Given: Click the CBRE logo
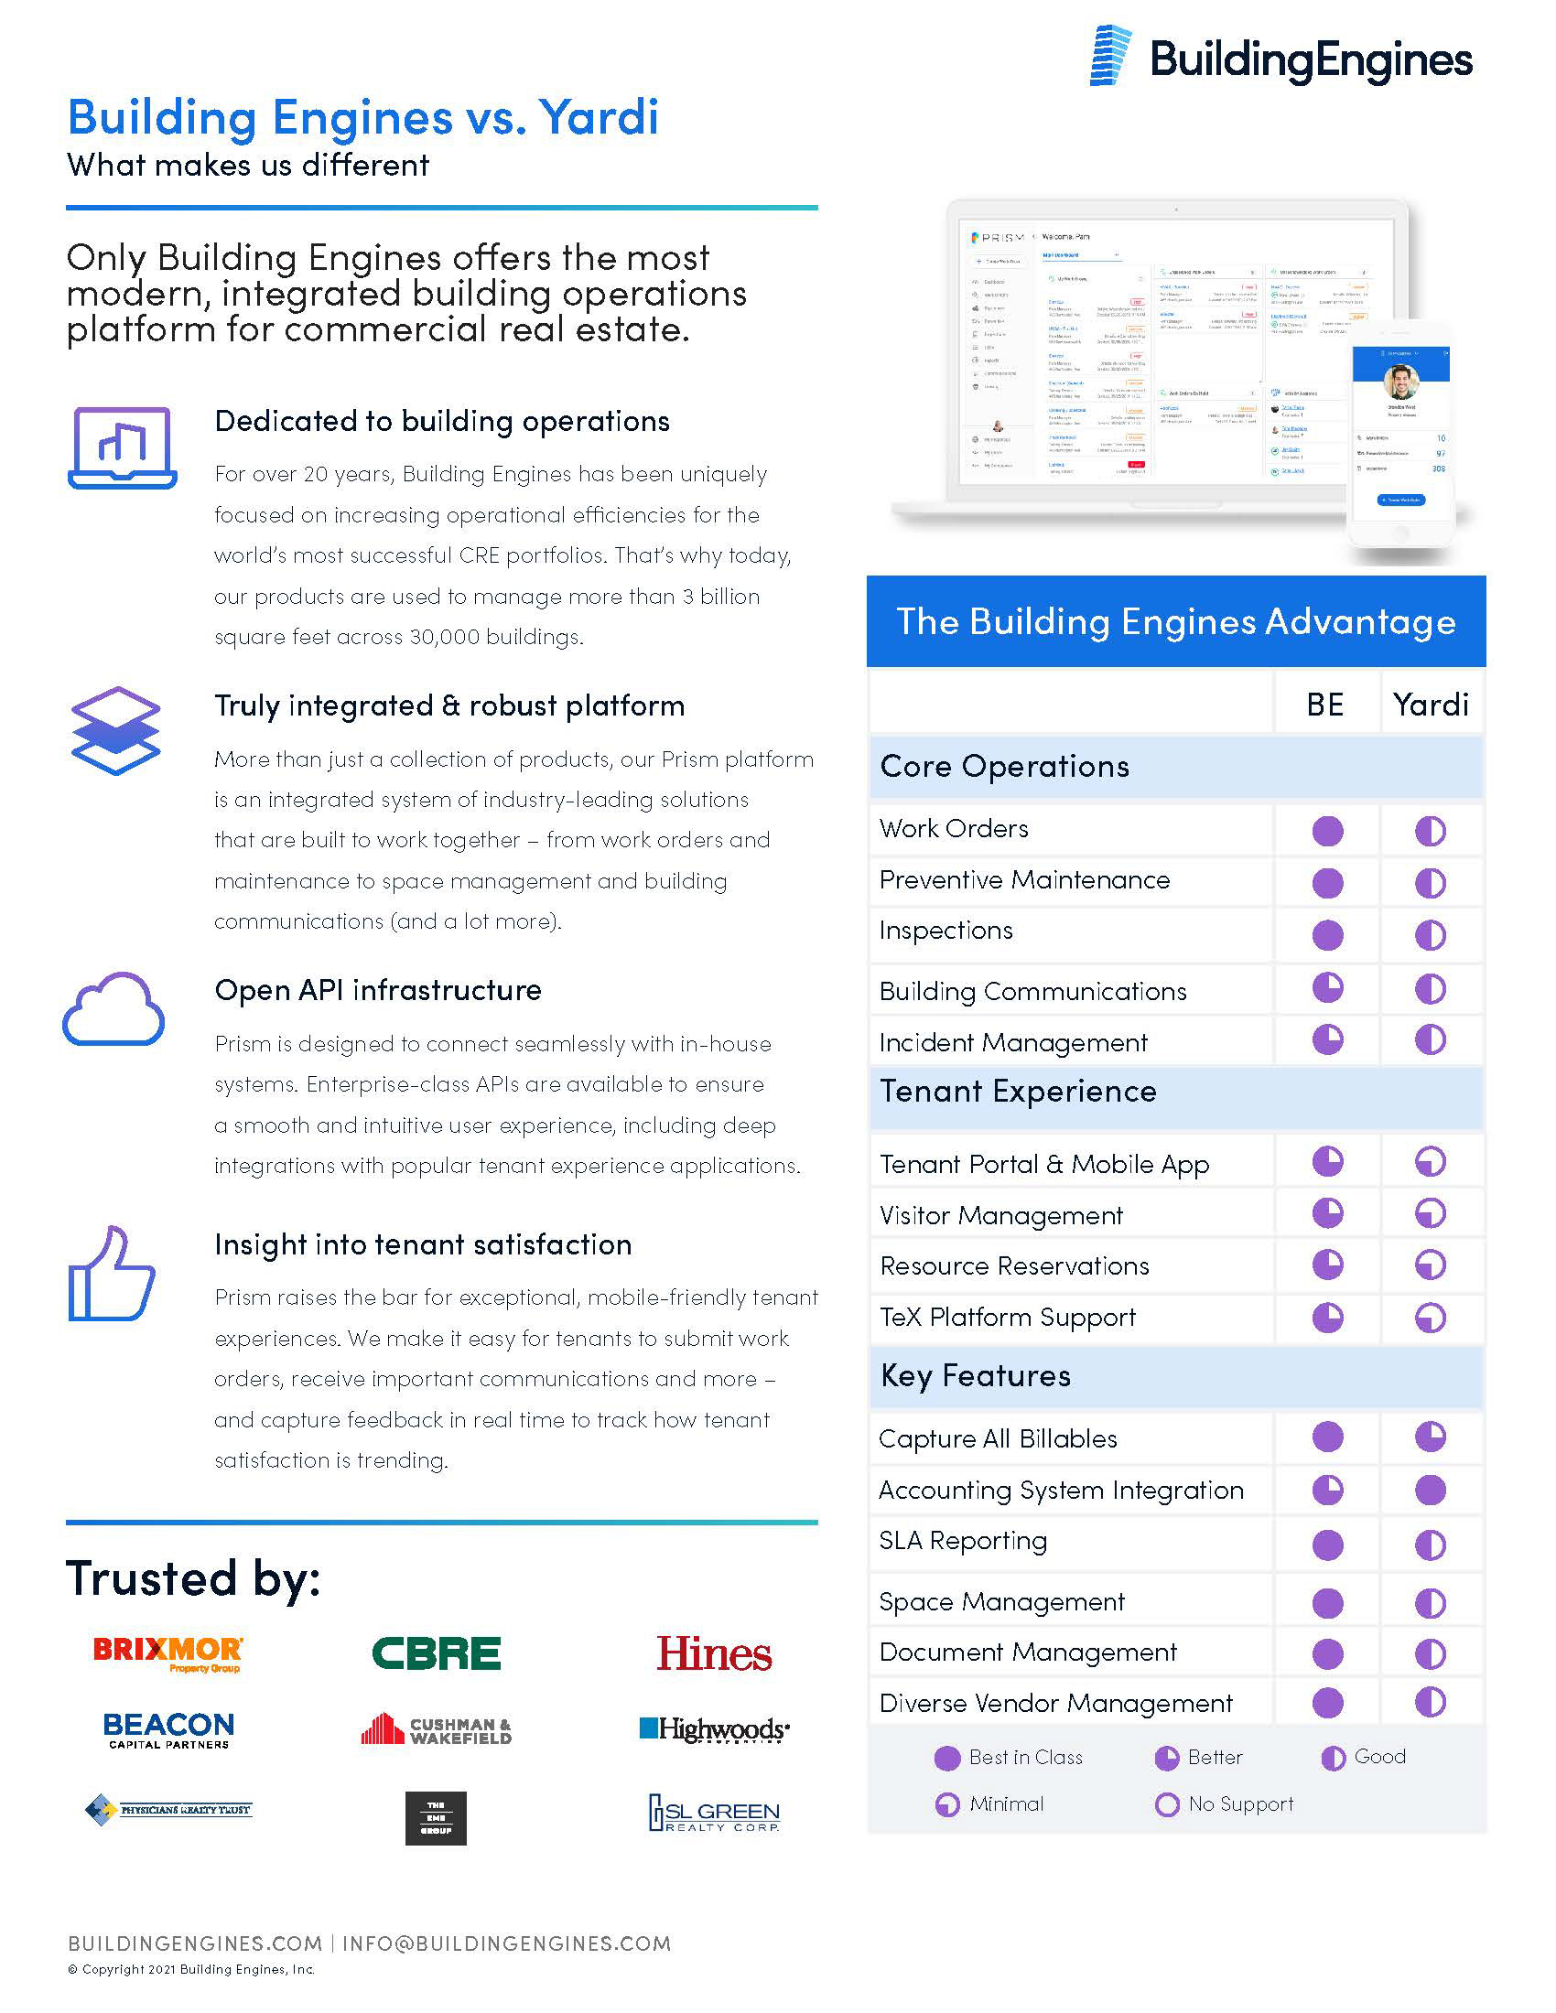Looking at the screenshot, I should click(x=436, y=1653).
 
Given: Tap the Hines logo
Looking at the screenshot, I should click(x=714, y=1653).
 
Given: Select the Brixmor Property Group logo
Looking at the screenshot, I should click(x=168, y=1653).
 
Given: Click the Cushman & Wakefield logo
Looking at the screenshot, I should click(x=436, y=1730).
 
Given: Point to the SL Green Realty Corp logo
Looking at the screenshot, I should click(x=714, y=1813).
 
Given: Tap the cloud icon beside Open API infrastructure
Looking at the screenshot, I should click(x=113, y=1009).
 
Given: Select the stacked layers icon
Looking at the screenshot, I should click(x=115, y=730).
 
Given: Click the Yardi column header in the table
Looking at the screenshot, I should click(x=1430, y=705).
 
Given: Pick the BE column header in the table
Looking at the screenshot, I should click(x=1324, y=705).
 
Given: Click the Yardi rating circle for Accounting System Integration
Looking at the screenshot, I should click(x=1430, y=1491).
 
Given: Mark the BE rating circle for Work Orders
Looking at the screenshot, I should click(x=1327, y=831).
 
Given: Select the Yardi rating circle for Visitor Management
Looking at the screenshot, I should click(x=1430, y=1214).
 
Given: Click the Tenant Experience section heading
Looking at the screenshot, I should click(x=1018, y=1093).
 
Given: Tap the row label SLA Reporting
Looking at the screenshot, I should click(x=962, y=1541).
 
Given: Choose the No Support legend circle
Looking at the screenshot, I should click(x=1167, y=1804).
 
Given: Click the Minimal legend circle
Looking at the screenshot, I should click(x=946, y=1804).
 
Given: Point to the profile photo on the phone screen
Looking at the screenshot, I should click(x=1400, y=382).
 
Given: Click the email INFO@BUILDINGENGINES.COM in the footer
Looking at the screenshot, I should click(x=506, y=1943).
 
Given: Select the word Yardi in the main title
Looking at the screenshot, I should click(x=600, y=118).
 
